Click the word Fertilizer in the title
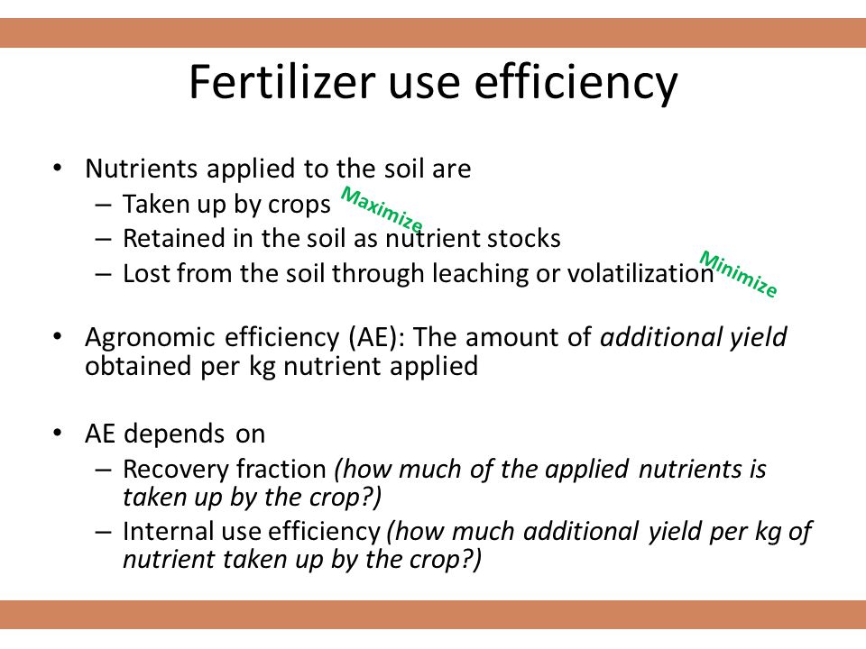pos(282,82)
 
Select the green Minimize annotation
pos(739,274)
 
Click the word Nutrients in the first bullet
pos(141,169)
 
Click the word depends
pos(174,434)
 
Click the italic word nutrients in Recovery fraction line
pos(690,469)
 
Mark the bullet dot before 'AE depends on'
pos(58,433)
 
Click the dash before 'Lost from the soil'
pos(103,274)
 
